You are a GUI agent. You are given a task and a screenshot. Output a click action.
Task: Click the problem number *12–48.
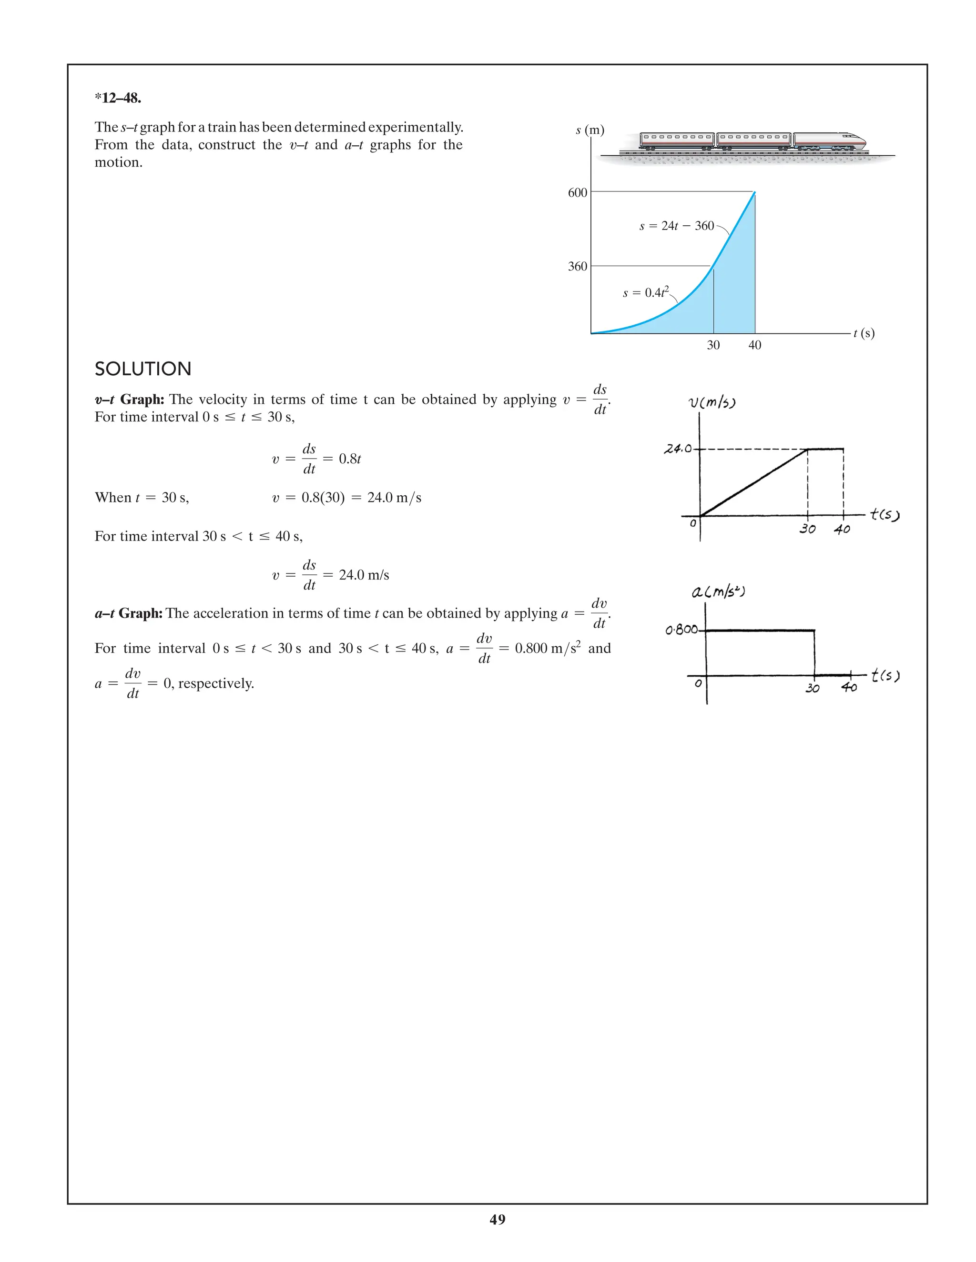(118, 98)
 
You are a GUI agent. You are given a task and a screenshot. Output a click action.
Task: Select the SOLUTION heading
(143, 369)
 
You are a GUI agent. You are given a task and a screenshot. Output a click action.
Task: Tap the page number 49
(497, 1219)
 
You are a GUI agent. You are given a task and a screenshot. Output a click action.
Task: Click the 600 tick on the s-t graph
(577, 192)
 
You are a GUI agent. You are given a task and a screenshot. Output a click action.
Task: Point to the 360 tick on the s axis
(577, 266)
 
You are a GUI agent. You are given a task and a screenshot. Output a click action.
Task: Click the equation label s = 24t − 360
(677, 226)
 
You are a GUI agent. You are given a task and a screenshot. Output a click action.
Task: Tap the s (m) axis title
(590, 130)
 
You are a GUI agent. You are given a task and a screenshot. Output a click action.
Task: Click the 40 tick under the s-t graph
(754, 345)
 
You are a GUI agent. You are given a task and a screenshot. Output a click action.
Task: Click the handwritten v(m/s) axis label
(712, 402)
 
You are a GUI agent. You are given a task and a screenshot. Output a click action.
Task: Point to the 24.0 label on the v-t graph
(678, 449)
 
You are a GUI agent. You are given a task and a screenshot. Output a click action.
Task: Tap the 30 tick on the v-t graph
(807, 529)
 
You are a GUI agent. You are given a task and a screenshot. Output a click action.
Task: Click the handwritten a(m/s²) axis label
(718, 591)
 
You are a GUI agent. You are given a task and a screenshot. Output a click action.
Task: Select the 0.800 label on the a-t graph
(682, 629)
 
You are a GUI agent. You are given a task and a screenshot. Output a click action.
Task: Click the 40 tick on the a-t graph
(849, 687)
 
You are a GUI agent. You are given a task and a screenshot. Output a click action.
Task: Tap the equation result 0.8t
(350, 459)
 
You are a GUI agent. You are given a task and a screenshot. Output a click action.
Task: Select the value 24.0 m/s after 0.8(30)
(394, 498)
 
